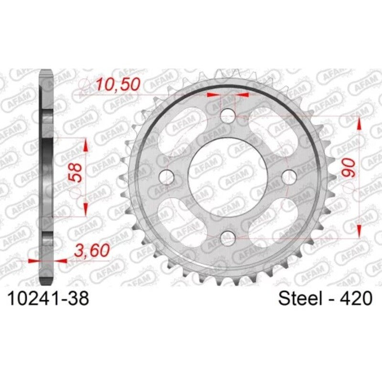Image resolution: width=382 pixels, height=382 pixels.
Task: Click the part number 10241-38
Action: pos(47,299)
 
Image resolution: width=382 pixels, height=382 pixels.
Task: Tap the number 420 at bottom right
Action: pos(354,299)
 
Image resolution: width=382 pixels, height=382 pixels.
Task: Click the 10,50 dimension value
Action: pos(117,84)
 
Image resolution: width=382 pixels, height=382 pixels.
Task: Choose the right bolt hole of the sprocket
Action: pos(289,175)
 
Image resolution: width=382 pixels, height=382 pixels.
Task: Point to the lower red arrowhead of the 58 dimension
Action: pos(85,207)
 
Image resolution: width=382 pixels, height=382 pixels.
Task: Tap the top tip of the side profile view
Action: pos(45,72)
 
